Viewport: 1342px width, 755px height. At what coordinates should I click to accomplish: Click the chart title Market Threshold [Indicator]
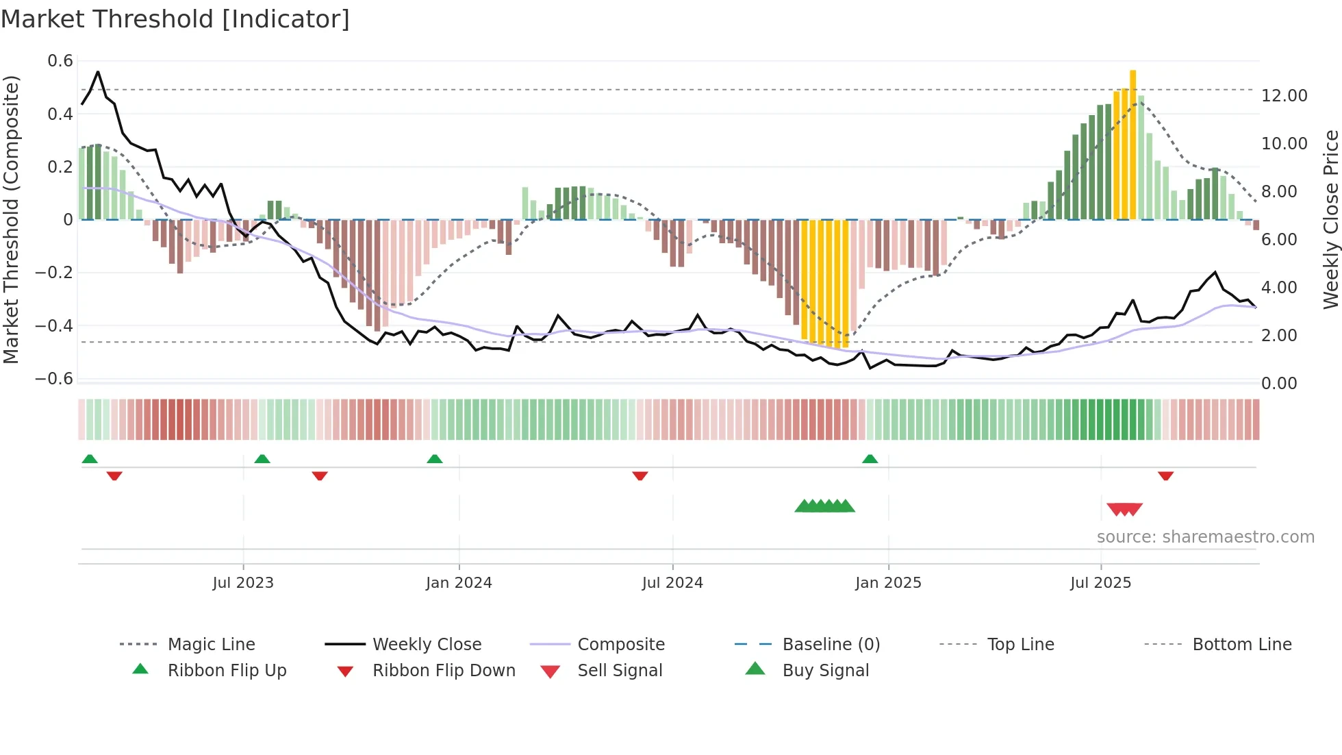click(x=175, y=19)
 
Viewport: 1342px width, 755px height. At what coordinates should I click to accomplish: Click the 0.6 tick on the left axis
click(x=60, y=61)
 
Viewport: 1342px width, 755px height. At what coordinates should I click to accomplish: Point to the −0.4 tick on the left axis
click(x=54, y=325)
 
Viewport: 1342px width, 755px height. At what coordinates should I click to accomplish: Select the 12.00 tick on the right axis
click(x=1284, y=96)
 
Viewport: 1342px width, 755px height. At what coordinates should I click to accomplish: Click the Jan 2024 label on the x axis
click(x=459, y=583)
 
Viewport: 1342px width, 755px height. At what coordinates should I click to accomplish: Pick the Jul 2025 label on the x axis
click(x=1100, y=583)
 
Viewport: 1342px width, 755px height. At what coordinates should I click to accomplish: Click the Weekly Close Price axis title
click(x=1330, y=219)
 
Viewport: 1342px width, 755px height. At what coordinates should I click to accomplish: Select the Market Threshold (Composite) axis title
click(x=11, y=219)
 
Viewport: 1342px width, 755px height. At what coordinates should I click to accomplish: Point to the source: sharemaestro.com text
click(x=1205, y=537)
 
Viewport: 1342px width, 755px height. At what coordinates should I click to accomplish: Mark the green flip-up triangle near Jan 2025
click(x=870, y=459)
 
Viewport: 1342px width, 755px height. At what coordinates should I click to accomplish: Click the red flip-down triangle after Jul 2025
click(x=1165, y=475)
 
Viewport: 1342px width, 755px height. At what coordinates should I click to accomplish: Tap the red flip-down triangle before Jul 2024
click(x=640, y=475)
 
